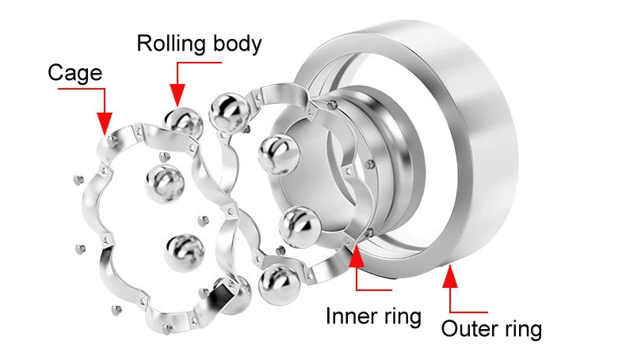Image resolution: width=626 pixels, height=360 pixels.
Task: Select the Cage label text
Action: point(75,74)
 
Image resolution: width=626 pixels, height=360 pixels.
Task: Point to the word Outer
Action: point(468,329)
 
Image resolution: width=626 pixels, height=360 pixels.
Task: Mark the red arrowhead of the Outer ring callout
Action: point(451,277)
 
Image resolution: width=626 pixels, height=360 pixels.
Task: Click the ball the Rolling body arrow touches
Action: point(183,122)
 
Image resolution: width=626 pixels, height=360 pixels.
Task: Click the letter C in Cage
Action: point(55,74)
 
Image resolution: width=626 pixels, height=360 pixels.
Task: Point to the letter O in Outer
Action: point(449,329)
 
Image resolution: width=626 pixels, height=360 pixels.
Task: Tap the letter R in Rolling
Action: point(144,44)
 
